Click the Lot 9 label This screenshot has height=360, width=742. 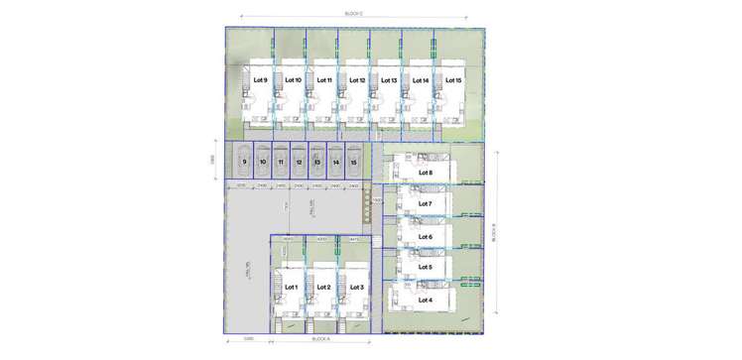[261, 79]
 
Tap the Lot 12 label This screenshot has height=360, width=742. [357, 80]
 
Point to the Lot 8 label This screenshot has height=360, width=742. [426, 172]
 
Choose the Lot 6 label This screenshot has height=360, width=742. [426, 237]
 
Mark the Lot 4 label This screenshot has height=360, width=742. [426, 300]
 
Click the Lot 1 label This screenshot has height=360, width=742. [291, 287]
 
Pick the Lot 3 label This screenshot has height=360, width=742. [357, 287]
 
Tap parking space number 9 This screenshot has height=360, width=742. [244, 162]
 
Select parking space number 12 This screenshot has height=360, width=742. [299, 162]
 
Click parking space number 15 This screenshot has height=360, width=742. [354, 162]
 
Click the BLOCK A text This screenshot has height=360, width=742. [320, 339]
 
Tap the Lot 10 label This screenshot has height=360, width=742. [293, 80]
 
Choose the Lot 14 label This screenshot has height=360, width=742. [421, 80]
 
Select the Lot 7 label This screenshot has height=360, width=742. [426, 204]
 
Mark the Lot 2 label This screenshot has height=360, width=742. [322, 287]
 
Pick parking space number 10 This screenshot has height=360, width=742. [263, 162]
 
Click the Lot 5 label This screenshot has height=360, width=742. [426, 268]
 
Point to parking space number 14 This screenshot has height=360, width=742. [336, 162]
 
